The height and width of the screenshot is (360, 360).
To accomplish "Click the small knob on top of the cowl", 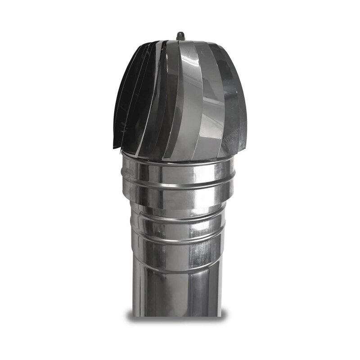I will pos(181,35).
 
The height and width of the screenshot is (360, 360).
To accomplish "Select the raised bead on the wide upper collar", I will pos(180,184).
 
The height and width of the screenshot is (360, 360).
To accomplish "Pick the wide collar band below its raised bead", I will pos(180,198).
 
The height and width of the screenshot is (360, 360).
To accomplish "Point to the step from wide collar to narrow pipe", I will pos(180,209).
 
